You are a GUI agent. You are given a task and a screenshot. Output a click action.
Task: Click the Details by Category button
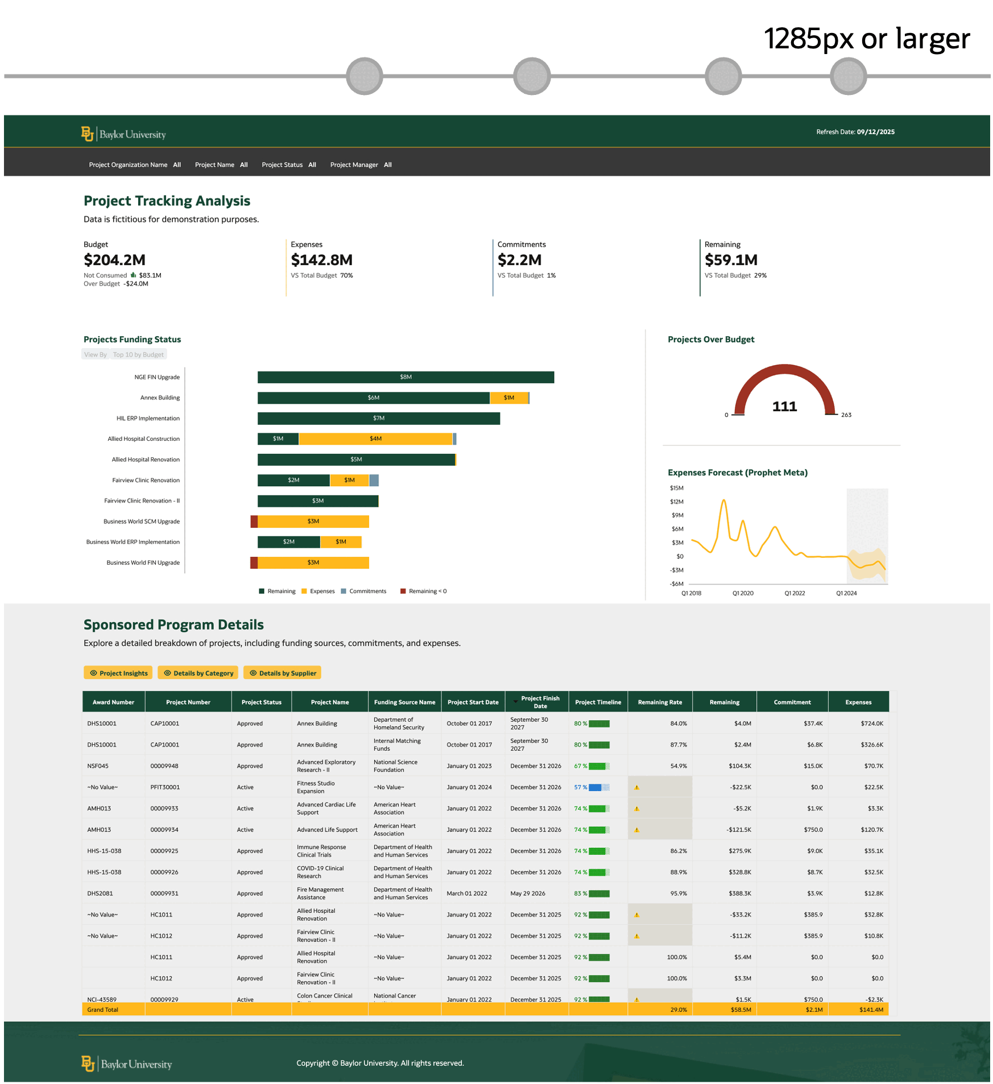(x=198, y=673)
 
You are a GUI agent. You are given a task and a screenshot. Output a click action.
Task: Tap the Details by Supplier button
(x=283, y=673)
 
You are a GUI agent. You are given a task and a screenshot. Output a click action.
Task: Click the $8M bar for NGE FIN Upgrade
(x=406, y=377)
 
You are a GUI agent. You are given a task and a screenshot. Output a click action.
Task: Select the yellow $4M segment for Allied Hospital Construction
(x=375, y=438)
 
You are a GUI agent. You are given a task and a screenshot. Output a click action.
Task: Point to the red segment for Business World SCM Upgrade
(x=254, y=521)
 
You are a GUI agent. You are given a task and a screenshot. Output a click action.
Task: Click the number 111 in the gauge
(x=784, y=406)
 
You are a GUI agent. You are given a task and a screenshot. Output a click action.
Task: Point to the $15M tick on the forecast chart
(x=676, y=488)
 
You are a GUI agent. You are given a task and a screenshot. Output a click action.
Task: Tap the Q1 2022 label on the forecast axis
(x=795, y=593)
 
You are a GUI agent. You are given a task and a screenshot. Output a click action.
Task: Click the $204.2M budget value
(x=114, y=260)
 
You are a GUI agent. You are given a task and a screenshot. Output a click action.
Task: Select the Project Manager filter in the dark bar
(x=361, y=165)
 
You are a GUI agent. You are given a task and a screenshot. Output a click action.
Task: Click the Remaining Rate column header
(x=660, y=702)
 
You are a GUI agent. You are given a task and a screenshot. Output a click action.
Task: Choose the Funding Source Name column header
(x=404, y=702)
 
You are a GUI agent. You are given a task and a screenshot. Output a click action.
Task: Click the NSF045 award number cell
(x=98, y=766)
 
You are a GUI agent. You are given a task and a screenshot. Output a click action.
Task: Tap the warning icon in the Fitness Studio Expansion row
(x=636, y=788)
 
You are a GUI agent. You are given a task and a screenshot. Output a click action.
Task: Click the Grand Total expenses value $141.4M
(x=871, y=1009)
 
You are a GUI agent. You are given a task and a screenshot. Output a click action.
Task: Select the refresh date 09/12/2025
(x=875, y=132)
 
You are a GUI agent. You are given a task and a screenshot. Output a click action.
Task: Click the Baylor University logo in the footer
(x=126, y=1064)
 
